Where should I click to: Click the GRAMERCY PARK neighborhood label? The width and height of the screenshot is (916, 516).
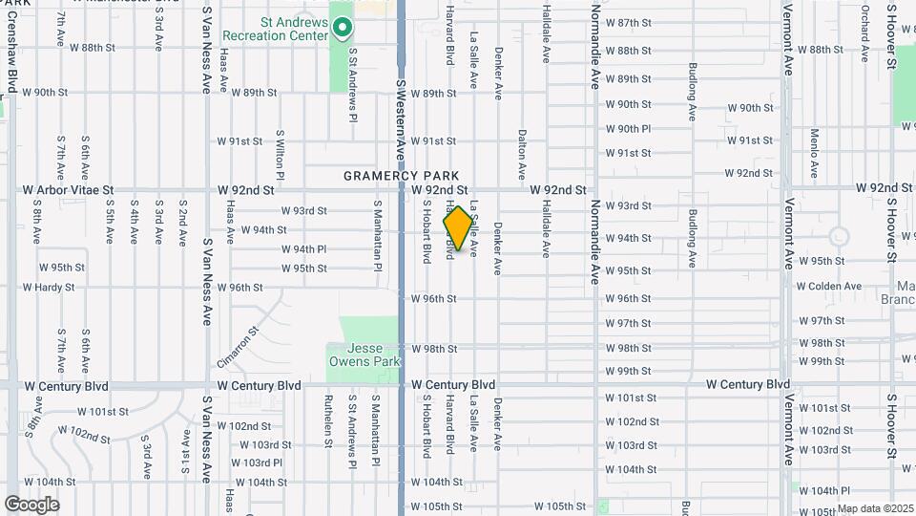pos(401,176)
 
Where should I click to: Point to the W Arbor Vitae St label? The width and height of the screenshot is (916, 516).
pos(69,190)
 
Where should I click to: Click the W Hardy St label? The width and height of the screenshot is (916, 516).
pos(49,287)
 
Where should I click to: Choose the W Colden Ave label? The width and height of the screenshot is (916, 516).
pos(828,286)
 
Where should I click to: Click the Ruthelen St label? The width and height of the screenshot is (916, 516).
pos(327,421)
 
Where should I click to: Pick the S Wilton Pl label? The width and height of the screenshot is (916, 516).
pos(280,156)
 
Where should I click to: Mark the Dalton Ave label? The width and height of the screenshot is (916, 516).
pos(522,155)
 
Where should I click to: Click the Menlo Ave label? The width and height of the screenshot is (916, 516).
pos(814,154)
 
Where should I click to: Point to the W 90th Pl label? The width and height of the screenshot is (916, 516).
pos(628,129)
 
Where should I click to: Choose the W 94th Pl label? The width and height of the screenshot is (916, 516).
pos(303,249)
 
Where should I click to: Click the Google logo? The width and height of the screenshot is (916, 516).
pos(32,504)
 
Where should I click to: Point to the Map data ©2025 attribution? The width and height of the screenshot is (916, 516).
pos(874,508)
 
